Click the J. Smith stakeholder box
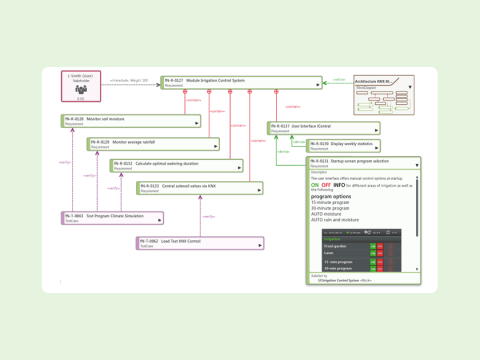click(81, 87)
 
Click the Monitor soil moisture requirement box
click(131, 121)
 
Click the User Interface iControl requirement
click(323, 128)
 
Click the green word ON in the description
click(315, 185)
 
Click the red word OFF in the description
click(326, 185)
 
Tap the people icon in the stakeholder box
click(81, 89)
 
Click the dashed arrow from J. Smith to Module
click(131, 82)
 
